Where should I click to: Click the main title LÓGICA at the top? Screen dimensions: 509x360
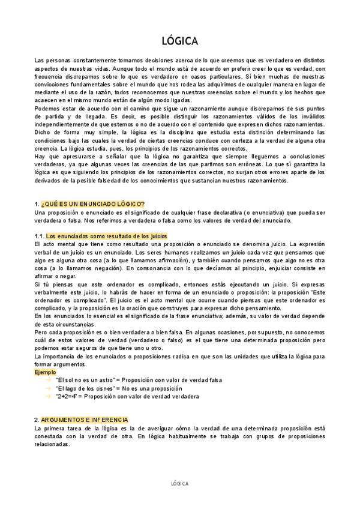(x=180, y=41)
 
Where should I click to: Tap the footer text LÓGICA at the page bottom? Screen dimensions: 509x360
(x=180, y=483)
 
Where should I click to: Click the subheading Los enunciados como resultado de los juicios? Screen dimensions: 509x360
(x=107, y=236)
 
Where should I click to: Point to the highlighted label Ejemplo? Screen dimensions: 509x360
(x=46, y=372)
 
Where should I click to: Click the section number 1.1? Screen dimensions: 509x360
(x=40, y=236)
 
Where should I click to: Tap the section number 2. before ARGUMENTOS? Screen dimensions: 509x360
(x=37, y=420)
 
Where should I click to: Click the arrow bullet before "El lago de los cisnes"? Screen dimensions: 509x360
(x=48, y=388)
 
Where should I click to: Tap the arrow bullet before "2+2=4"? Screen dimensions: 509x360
(x=48, y=396)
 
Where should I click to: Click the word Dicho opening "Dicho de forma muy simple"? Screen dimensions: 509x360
(x=43, y=132)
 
